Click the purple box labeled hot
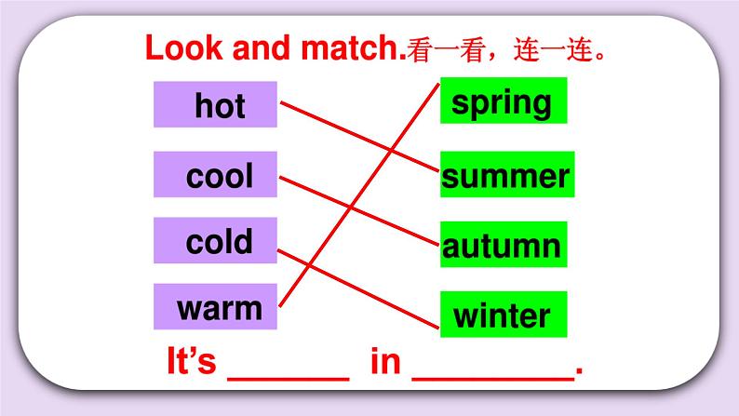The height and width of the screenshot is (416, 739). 216,104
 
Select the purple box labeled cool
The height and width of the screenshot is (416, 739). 216,174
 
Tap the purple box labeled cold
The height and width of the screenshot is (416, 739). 216,241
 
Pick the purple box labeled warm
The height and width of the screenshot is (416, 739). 216,306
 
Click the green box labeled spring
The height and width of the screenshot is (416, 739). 503,101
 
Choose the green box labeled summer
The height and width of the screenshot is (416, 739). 507,175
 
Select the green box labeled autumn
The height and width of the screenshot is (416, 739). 503,245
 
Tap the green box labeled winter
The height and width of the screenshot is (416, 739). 503,315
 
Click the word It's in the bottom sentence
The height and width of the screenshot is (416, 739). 190,361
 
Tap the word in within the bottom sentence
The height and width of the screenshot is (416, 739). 384,361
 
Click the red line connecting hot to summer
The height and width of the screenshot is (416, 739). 358,137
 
